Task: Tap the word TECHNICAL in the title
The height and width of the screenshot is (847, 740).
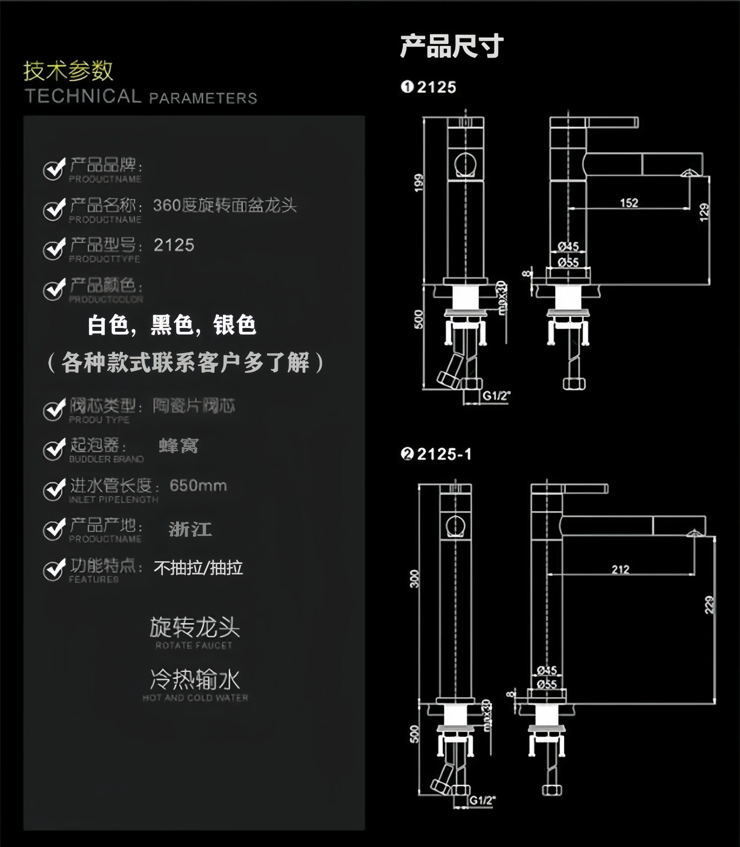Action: point(83,97)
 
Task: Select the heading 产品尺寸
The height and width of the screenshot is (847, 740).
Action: point(452,46)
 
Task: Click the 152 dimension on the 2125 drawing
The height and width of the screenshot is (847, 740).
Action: point(629,203)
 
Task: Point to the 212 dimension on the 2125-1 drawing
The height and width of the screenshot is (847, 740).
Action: point(620,569)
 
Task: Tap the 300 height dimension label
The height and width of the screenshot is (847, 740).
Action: point(414,579)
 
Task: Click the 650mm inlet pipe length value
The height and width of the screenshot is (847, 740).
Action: point(198,486)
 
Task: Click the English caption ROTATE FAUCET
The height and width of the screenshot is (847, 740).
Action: point(194,645)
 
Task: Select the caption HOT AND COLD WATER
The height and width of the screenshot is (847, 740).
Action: point(195,698)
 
